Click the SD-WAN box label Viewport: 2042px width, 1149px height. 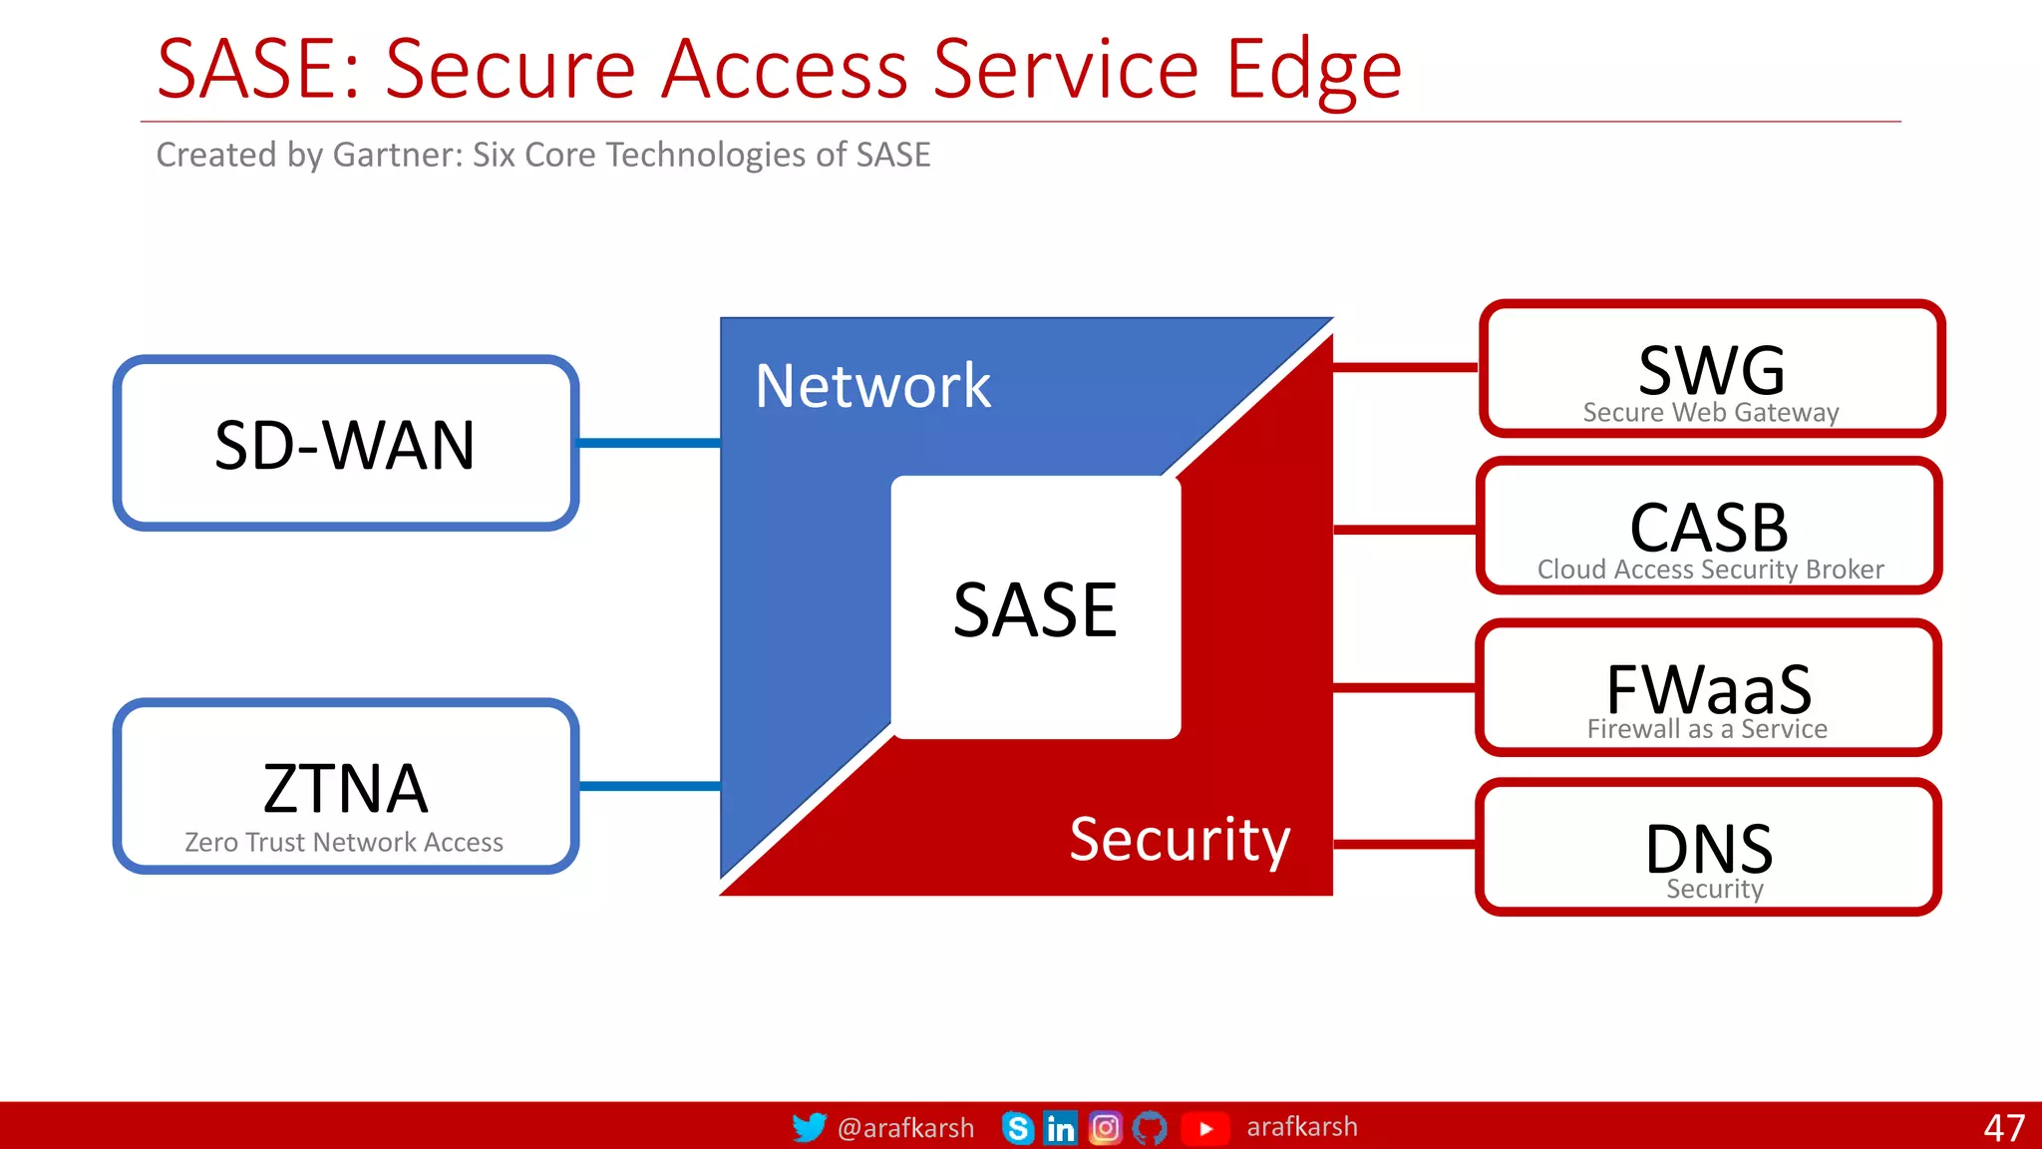point(345,445)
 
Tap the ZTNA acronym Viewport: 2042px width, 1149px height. point(345,788)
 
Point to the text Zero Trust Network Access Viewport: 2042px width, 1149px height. point(344,843)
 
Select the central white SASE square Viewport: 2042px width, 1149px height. point(1035,608)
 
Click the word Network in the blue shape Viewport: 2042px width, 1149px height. point(872,386)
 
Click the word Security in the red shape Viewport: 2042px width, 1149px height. point(1180,839)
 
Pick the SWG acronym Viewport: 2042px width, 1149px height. point(1711,370)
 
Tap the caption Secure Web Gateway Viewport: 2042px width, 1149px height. point(1711,413)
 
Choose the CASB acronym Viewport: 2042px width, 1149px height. point(1709,527)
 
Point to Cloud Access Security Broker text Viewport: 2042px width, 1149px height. point(1710,570)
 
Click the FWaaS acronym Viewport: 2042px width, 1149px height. point(1709,687)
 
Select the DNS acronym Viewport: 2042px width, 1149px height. point(1709,849)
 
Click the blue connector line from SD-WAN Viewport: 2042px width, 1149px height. point(649,443)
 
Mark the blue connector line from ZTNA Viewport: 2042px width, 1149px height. point(649,786)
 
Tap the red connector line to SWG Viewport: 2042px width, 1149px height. point(1406,367)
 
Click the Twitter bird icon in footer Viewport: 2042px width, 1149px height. point(809,1127)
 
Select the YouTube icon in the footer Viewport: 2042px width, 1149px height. point(1205,1128)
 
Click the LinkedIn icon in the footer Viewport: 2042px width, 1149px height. point(1060,1128)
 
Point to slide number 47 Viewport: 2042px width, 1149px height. point(2004,1128)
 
